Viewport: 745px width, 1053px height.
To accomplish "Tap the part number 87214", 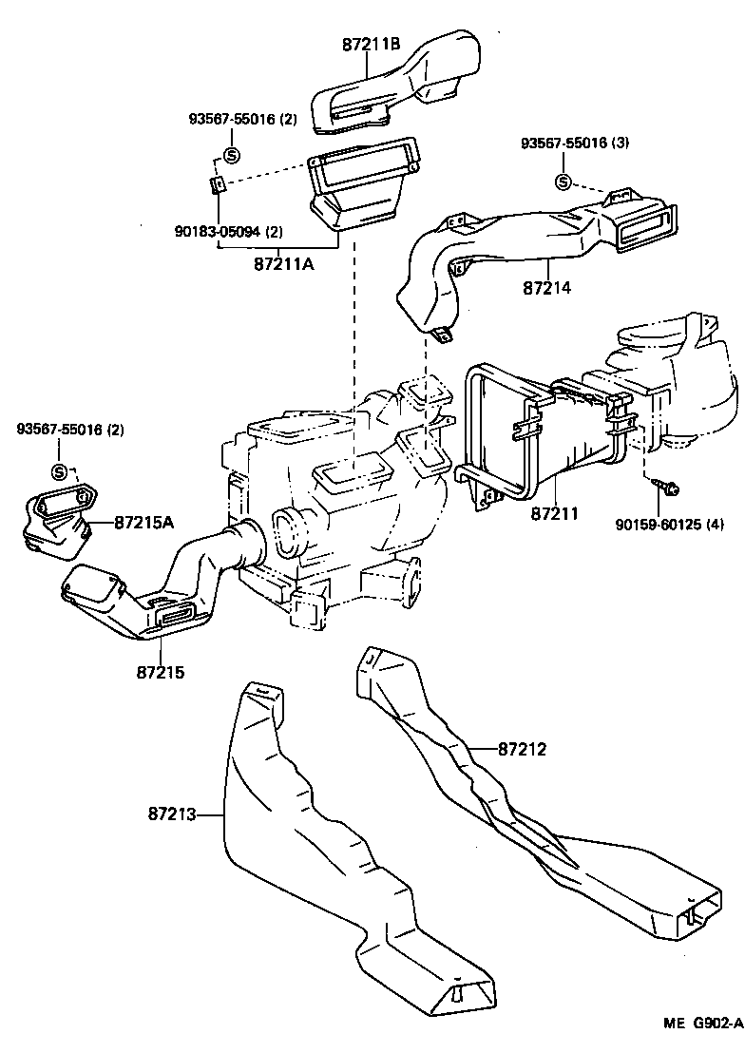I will [546, 286].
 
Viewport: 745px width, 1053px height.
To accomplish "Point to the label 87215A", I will [144, 522].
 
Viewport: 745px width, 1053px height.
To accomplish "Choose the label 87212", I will [522, 749].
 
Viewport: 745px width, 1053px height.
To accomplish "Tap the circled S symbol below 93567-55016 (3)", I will [563, 182].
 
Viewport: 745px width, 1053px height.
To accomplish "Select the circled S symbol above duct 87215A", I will [59, 471].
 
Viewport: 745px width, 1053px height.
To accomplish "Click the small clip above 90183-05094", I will [217, 184].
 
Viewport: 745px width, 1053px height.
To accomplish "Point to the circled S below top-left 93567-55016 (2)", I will [230, 155].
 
